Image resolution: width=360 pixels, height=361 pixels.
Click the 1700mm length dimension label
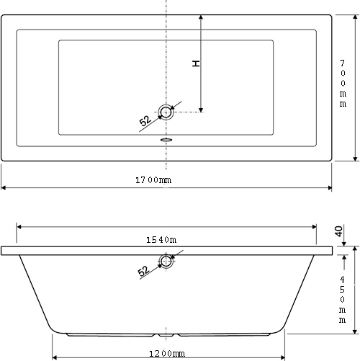click(153, 180)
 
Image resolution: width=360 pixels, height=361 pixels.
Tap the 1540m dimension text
click(161, 240)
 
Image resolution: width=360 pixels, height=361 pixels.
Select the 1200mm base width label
click(167, 354)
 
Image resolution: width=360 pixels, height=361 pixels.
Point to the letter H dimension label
click(196, 63)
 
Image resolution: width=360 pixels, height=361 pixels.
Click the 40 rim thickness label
click(338, 231)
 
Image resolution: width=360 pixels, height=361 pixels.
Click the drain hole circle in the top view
click(166, 112)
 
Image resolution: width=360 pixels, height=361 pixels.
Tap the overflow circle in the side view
click(166, 261)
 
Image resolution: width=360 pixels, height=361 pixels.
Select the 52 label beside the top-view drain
click(145, 120)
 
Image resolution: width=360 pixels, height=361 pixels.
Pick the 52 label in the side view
click(143, 271)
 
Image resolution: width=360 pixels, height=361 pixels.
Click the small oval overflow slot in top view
click(166, 140)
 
